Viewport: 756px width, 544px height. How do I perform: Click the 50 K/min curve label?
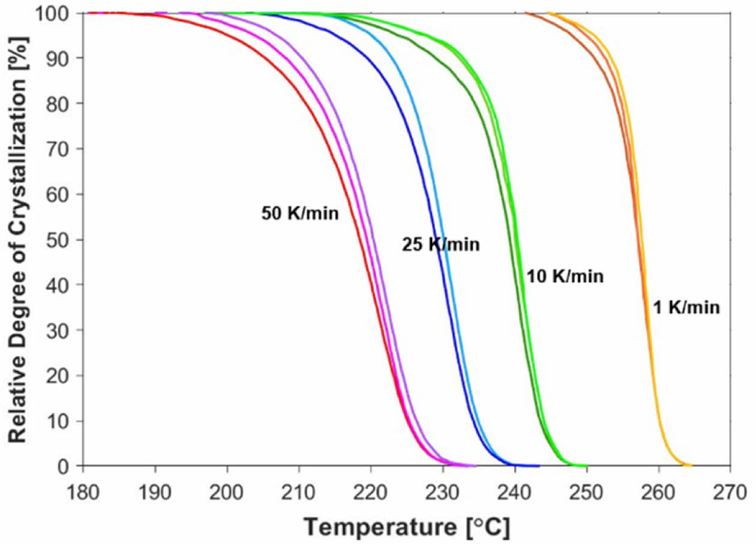pyautogui.click(x=300, y=214)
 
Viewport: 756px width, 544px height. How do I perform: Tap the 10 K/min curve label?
pyautogui.click(x=565, y=276)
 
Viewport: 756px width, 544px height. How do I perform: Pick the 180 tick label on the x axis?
pyautogui.click(x=83, y=484)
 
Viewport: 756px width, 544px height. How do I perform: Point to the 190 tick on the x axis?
pyautogui.click(x=155, y=484)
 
